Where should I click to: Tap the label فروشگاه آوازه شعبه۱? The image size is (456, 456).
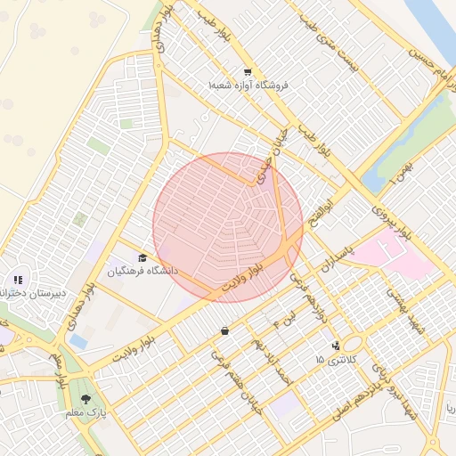pyautogui.click(x=244, y=86)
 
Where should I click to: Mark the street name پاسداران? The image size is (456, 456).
pyautogui.click(x=338, y=255)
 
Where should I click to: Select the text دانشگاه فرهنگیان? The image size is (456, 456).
pyautogui.click(x=143, y=270)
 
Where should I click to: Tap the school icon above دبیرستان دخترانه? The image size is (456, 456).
pyautogui.click(x=18, y=280)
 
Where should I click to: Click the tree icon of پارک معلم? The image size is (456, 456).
pyautogui.click(x=85, y=400)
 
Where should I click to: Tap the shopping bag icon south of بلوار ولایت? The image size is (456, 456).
pyautogui.click(x=224, y=331)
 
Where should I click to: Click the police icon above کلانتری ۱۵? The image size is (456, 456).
pyautogui.click(x=336, y=346)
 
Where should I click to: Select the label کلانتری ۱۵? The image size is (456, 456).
pyautogui.click(x=335, y=359)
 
